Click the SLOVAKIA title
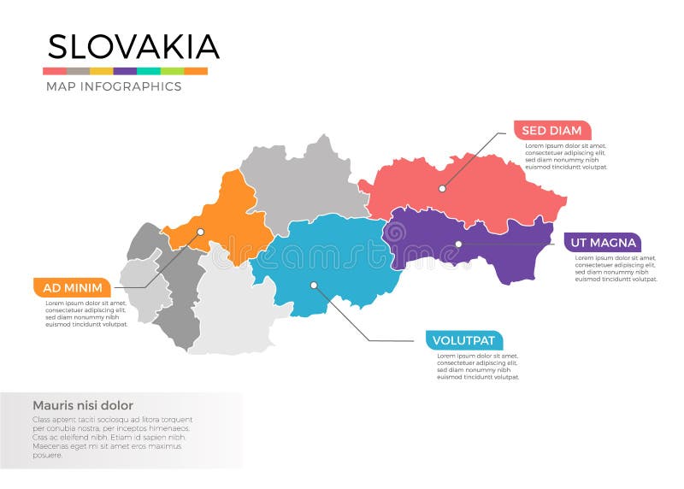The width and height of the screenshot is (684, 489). (x=133, y=46)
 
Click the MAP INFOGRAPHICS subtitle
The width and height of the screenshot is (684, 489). (x=113, y=86)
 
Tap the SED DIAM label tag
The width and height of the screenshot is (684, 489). (x=551, y=131)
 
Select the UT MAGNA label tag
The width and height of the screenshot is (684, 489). (x=603, y=243)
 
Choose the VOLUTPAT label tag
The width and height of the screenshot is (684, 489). (x=463, y=340)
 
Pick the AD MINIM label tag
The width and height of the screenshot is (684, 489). (x=73, y=287)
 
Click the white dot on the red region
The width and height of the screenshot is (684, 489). (x=442, y=189)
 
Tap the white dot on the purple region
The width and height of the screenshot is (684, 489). (x=458, y=244)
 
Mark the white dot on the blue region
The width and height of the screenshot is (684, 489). (x=314, y=285)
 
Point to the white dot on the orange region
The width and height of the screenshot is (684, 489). (x=200, y=232)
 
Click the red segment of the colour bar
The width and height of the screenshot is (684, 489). (x=55, y=71)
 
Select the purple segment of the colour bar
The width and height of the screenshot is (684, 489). (x=125, y=71)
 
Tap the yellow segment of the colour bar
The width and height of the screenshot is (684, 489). (x=101, y=71)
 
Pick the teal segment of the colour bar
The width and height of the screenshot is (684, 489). (x=149, y=71)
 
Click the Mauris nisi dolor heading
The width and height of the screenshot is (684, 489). (x=82, y=405)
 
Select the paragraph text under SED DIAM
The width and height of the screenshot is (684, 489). (x=565, y=156)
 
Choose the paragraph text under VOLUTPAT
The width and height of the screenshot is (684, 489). (x=477, y=366)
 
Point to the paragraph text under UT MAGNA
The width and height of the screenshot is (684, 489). (x=615, y=268)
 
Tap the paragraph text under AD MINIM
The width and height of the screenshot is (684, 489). (x=85, y=314)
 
